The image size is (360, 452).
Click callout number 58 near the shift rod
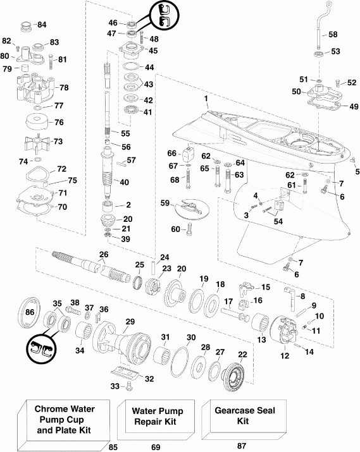coord(333,34)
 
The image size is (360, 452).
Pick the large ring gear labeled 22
coord(237,377)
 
